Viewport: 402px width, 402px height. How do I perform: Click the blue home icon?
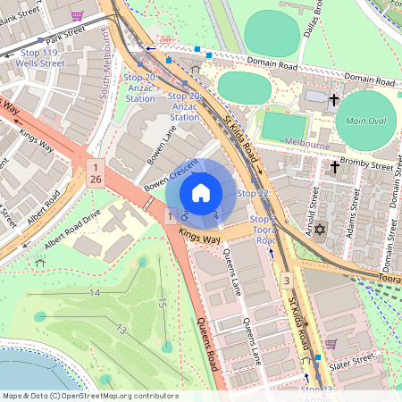[x=201, y=193]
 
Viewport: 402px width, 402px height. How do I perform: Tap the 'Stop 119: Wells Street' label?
[x=42, y=59]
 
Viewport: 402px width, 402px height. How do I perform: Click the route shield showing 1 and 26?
[x=96, y=173]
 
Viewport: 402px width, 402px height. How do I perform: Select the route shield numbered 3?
[x=286, y=281]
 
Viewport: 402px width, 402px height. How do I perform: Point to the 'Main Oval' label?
[x=364, y=121]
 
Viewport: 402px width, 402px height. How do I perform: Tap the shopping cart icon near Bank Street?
[x=78, y=15]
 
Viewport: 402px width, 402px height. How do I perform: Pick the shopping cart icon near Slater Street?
[x=330, y=344]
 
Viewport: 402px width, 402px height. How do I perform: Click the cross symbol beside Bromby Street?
[x=335, y=166]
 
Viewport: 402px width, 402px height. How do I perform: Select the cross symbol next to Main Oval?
[x=335, y=101]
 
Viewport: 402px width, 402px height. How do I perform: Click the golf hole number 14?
[x=95, y=293]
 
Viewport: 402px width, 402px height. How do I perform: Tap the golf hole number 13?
[x=120, y=331]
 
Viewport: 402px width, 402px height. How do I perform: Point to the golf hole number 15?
[x=162, y=303]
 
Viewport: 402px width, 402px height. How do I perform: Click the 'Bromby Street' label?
[x=370, y=165]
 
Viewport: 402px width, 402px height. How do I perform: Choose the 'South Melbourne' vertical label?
[x=105, y=63]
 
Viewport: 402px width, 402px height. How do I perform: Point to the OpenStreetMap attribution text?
[x=90, y=396]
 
